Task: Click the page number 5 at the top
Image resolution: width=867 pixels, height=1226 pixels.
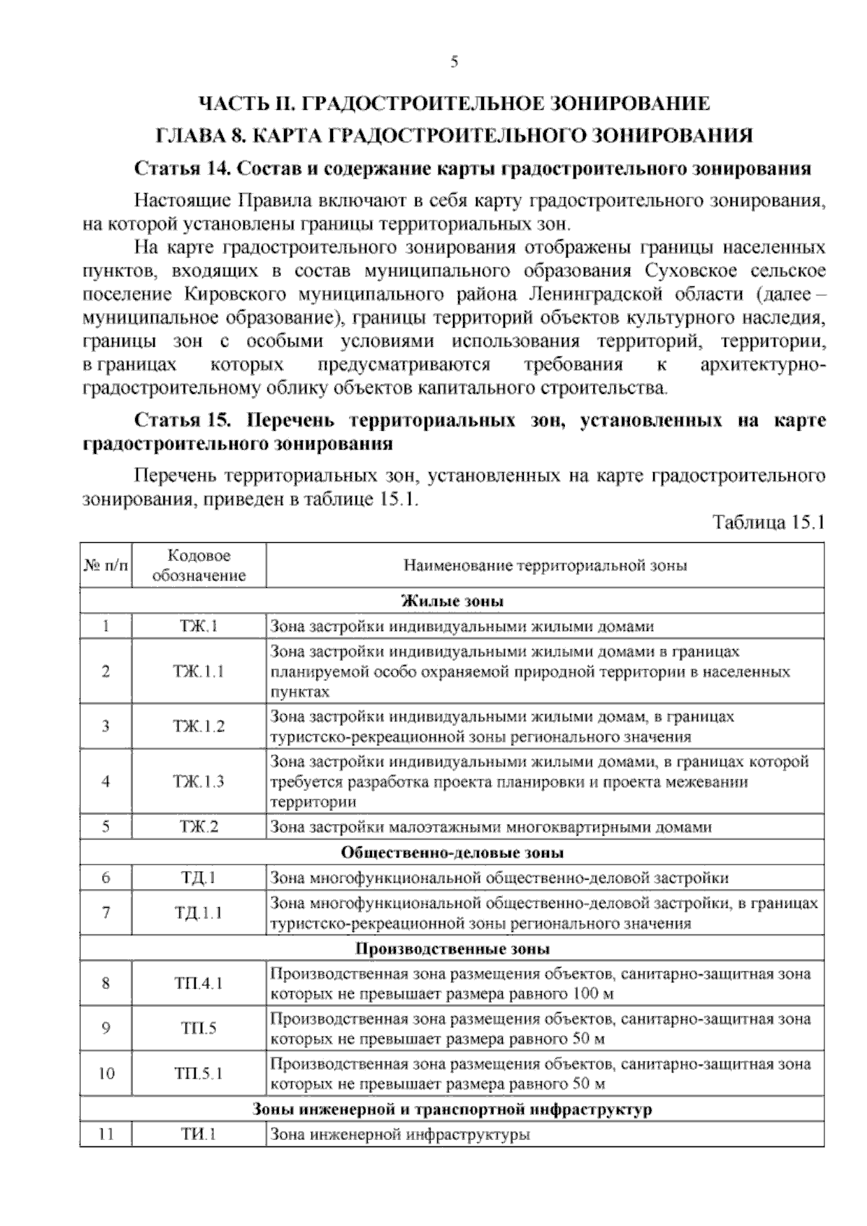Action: [454, 62]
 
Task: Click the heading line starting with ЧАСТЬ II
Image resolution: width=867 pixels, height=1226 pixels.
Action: [454, 103]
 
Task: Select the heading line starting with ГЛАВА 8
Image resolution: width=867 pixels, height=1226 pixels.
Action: [454, 135]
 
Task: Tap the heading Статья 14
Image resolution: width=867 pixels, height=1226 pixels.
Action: [473, 169]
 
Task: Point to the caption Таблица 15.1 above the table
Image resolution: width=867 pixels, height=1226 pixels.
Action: [768, 523]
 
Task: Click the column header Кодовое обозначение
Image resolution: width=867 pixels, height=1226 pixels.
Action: [199, 565]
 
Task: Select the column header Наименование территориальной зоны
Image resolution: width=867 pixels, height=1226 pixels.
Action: [545, 565]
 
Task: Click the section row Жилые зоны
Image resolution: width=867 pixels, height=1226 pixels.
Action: [452, 601]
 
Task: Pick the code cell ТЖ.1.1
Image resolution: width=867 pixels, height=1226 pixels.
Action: [199, 671]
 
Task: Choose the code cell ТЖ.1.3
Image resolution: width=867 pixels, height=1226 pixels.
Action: [199, 781]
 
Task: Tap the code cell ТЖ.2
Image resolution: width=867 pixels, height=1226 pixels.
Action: [199, 827]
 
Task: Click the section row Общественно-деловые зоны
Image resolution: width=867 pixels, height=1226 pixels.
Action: [452, 852]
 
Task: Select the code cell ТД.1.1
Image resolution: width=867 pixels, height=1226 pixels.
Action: [199, 913]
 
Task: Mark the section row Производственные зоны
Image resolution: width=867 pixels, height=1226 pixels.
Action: [452, 948]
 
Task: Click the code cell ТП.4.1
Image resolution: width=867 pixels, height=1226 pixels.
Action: [199, 983]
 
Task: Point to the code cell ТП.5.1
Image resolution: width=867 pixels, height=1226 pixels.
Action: [199, 1073]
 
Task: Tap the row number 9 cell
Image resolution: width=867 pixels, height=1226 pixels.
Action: [106, 1028]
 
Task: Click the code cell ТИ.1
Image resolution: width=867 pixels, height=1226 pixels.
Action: [199, 1135]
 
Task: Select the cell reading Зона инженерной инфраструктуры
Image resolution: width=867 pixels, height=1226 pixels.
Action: [400, 1135]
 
